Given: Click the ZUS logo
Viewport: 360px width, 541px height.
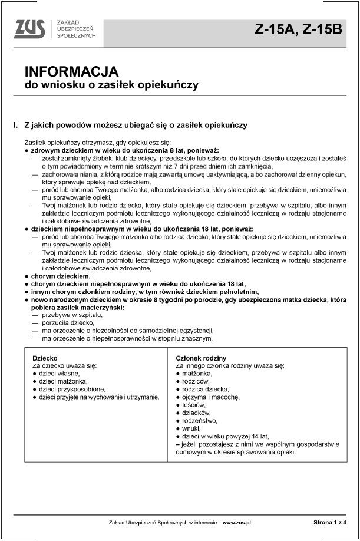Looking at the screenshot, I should pyautogui.click(x=31, y=28).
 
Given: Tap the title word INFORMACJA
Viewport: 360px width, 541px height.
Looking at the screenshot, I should pyautogui.click(x=71, y=72).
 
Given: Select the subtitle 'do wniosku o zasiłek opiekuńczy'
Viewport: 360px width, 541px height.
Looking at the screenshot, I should pyautogui.click(x=111, y=85).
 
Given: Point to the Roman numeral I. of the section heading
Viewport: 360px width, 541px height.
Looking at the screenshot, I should pyautogui.click(x=16, y=126).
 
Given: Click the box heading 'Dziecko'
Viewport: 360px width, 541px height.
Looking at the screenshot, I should pyautogui.click(x=45, y=358).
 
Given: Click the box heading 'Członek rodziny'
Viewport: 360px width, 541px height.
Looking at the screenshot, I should pyautogui.click(x=201, y=358).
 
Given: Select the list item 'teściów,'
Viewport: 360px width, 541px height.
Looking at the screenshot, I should pyautogui.click(x=194, y=405).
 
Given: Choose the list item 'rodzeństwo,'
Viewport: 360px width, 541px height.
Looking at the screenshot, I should pyautogui.click(x=200, y=421).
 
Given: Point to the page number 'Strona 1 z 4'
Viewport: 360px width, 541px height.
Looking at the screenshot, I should pyautogui.click(x=330, y=523).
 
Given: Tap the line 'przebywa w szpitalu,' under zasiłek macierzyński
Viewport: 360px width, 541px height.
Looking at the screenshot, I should pyautogui.click(x=72, y=315).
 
